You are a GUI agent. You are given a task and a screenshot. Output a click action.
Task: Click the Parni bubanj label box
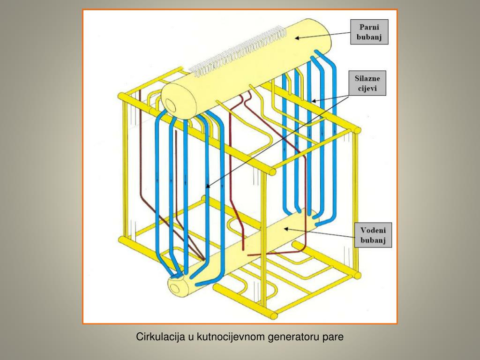[369, 31]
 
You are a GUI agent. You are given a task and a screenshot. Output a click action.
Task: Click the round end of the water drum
[178, 286]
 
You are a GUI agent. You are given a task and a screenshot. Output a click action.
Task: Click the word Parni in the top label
[369, 26]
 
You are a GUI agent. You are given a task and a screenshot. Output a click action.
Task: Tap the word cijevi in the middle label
[369, 88]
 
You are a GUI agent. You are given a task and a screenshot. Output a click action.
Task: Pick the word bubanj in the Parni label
[369, 37]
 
